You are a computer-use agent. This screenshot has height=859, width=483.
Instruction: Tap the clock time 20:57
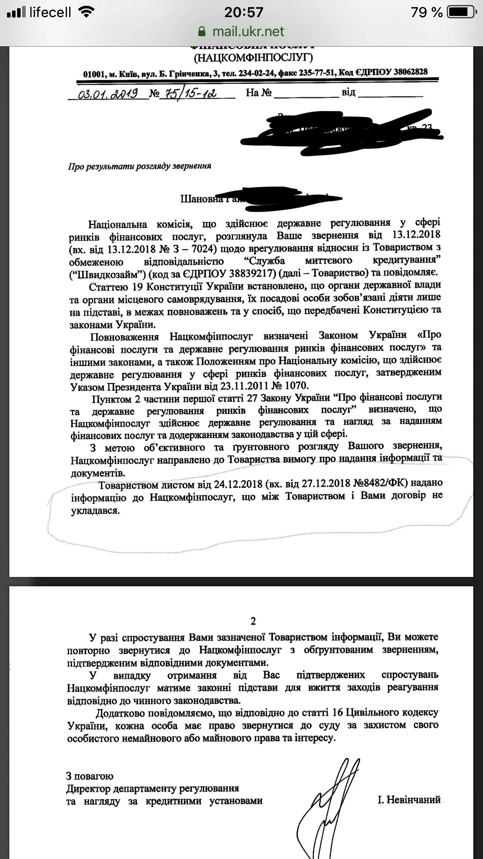click(x=243, y=12)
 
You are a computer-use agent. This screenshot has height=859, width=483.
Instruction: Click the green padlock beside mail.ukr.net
click(x=201, y=32)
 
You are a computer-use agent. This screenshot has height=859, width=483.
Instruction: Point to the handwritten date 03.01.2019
click(x=108, y=94)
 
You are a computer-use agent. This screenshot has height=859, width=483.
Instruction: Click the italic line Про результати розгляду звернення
click(x=140, y=166)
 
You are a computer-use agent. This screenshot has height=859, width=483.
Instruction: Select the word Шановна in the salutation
click(x=202, y=199)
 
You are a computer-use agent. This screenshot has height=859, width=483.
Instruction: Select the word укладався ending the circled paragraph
click(x=95, y=510)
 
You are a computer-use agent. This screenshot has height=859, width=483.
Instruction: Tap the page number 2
click(x=253, y=621)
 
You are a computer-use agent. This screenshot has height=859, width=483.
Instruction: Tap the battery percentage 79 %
click(x=427, y=12)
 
